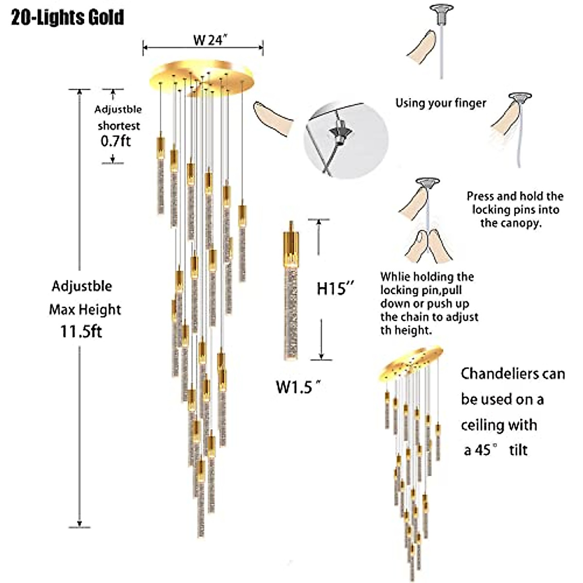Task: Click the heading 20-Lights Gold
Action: click(68, 18)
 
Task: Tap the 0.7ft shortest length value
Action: click(116, 141)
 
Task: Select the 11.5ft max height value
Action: click(81, 332)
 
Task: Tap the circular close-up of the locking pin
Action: click(346, 139)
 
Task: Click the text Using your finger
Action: click(440, 103)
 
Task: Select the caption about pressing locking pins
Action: click(514, 209)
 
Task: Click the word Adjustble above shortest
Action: click(118, 109)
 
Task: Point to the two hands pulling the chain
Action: click(429, 246)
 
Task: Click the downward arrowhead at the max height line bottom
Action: click(79, 522)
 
